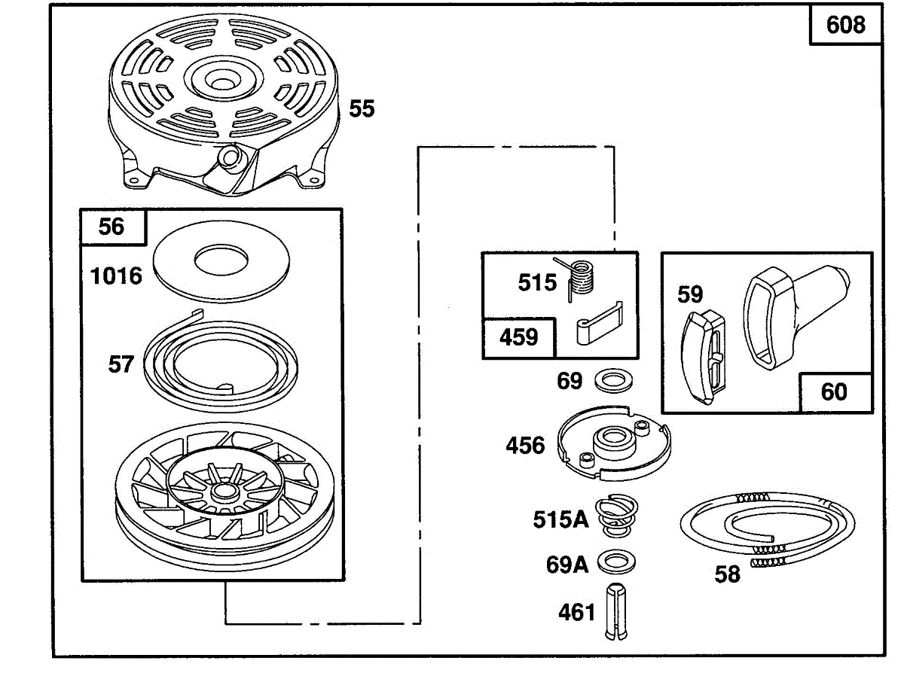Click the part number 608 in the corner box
pos(845,25)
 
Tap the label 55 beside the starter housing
pos(362,108)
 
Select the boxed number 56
pos(111,227)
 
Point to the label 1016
pos(116,276)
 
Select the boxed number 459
pos(518,337)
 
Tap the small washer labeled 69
pos(614,380)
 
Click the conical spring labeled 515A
pos(616,516)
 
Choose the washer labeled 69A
pos(616,562)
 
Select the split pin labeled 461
pos(616,614)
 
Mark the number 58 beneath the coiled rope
pos(727,574)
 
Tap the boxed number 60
pos(834,392)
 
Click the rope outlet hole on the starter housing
pos(231,157)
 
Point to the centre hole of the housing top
pos(222,84)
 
